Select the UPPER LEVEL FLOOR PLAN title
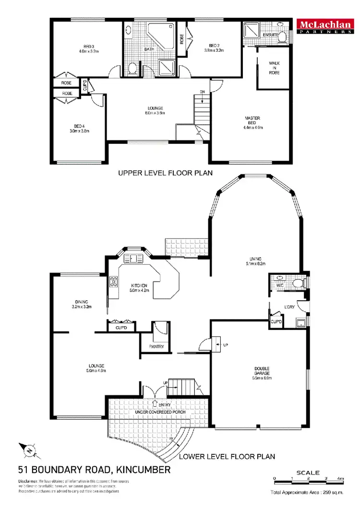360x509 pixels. point(165,173)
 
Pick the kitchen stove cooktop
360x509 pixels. point(114,282)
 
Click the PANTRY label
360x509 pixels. point(156,346)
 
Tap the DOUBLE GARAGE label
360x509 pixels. point(262,372)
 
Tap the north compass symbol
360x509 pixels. point(29,450)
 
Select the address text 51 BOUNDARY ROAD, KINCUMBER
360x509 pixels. point(94,470)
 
